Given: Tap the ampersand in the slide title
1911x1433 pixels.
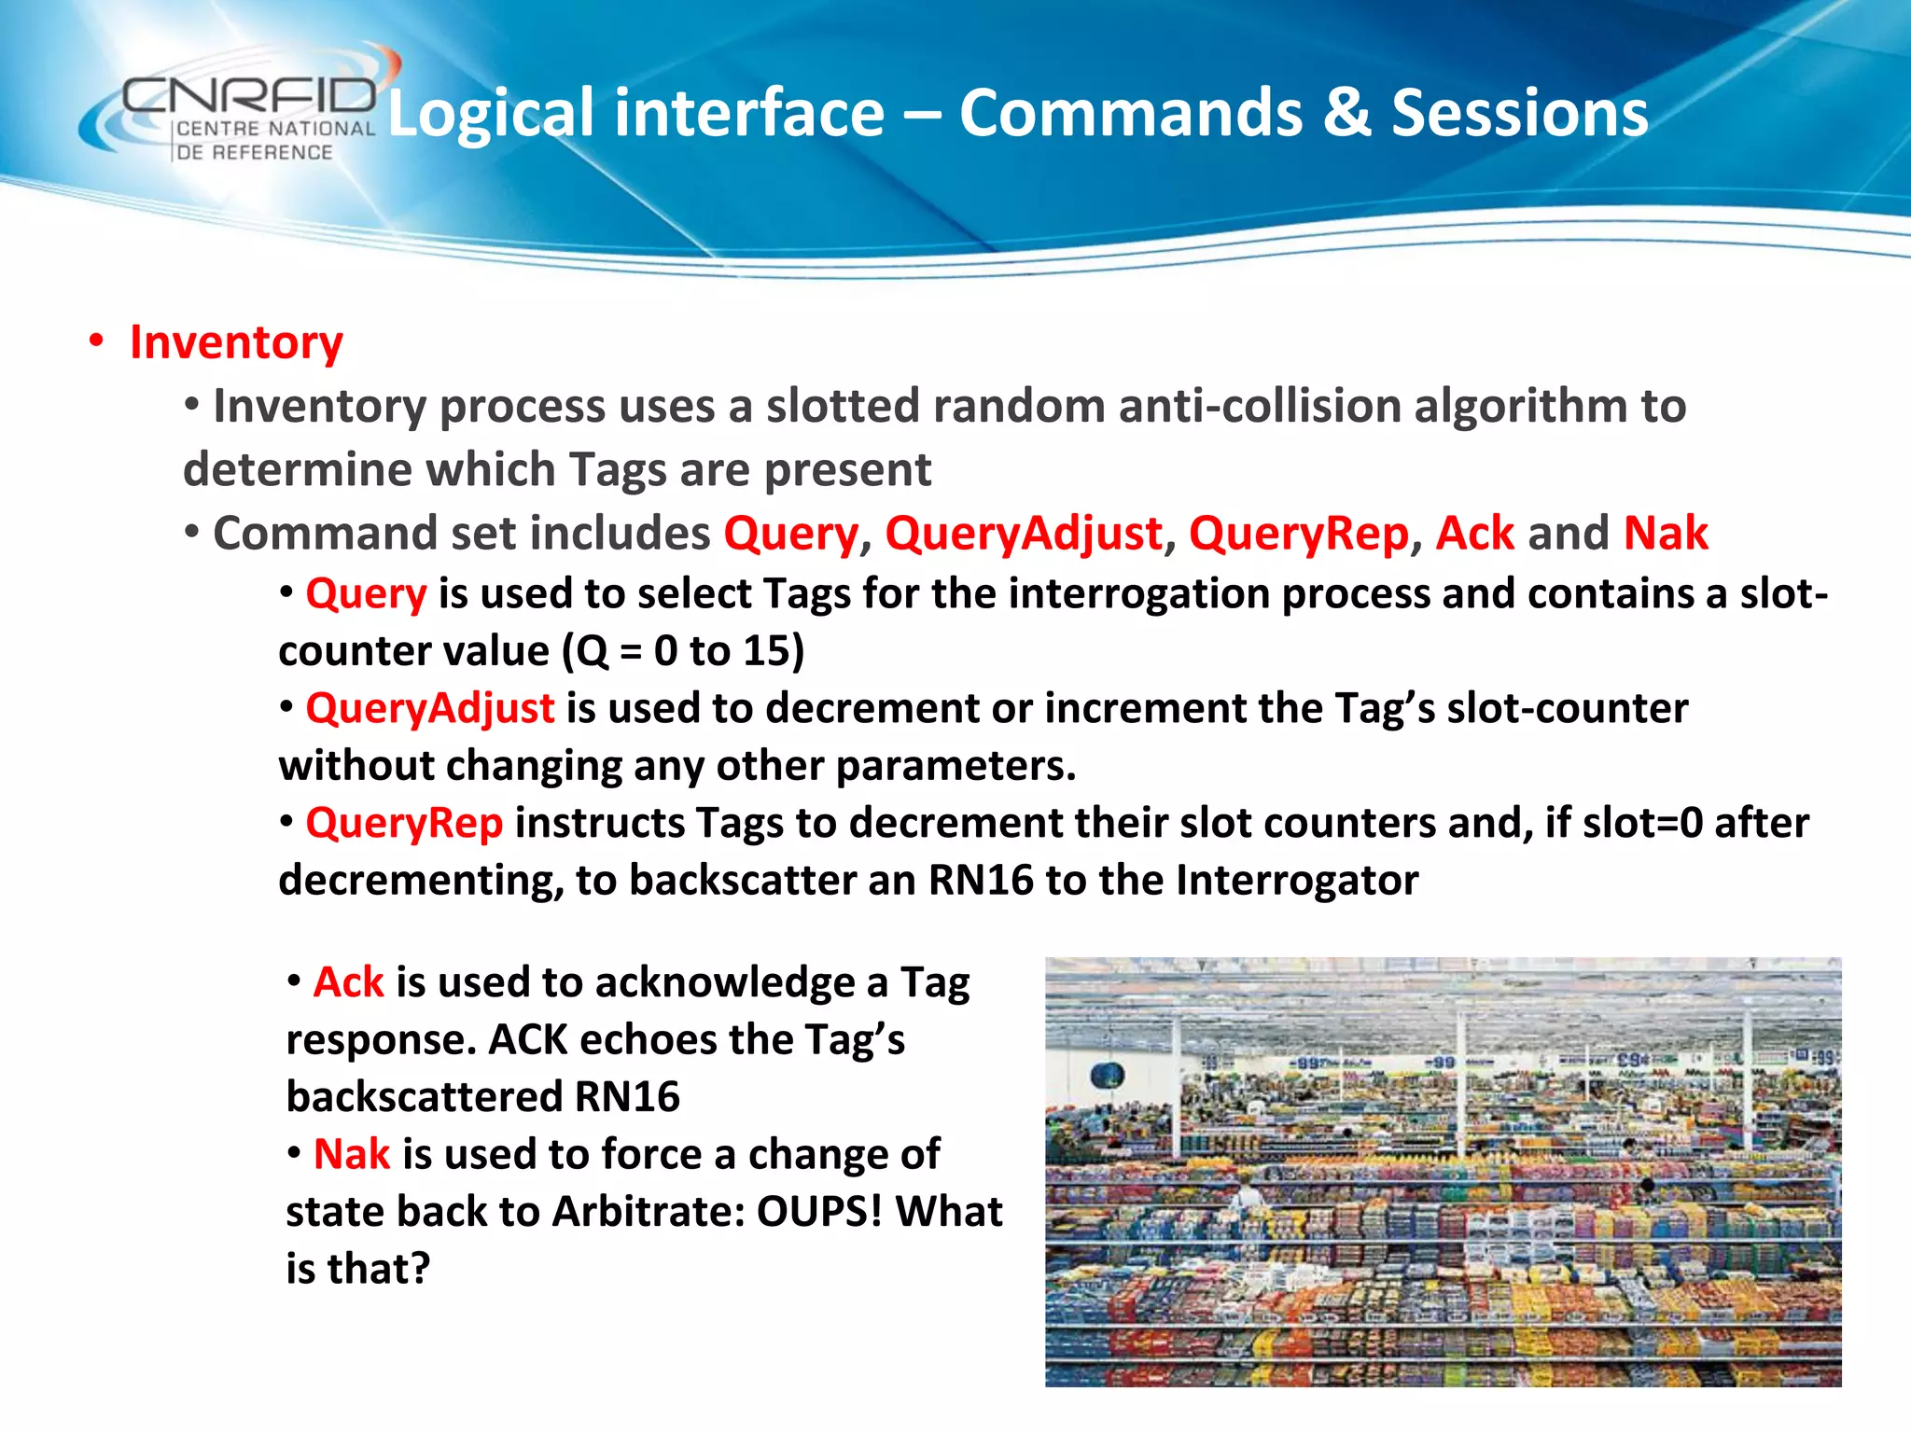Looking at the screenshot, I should coord(1346,114).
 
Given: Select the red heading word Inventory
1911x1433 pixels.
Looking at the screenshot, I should coord(236,342).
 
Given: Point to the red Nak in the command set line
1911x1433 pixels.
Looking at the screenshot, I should coord(1666,534).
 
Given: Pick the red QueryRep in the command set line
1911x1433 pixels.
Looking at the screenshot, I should coord(1298,534).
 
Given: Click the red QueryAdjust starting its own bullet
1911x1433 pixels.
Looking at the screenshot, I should coord(430,708).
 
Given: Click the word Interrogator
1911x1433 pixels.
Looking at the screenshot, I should coord(1297,880).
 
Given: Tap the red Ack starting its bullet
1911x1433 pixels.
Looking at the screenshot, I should coord(348,982).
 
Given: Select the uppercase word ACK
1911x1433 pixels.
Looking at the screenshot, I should coord(528,1039).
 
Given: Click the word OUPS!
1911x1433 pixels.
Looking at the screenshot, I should coord(819,1212).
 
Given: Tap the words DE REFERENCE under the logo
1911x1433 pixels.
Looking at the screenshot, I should coord(254,152).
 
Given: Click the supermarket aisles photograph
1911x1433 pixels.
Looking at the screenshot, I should coord(1443,1172).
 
